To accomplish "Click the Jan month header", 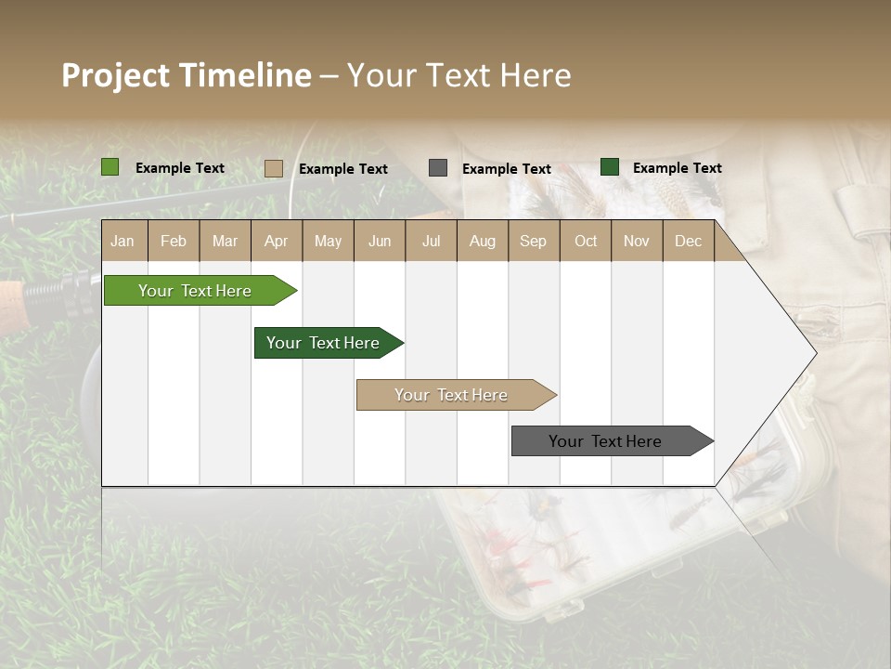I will (123, 241).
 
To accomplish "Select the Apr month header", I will (276, 241).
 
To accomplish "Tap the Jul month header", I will (431, 241).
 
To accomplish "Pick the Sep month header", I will (533, 241).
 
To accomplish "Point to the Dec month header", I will (688, 241).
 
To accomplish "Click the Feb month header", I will (174, 241).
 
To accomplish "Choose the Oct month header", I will (586, 241).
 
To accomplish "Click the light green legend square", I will (110, 167).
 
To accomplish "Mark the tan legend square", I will (274, 168).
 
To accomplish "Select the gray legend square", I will (438, 168).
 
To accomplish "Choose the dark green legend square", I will (610, 167).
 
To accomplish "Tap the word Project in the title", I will (115, 75).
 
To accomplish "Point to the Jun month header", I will (380, 241).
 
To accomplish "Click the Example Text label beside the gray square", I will (506, 169).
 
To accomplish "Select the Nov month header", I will (637, 241).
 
